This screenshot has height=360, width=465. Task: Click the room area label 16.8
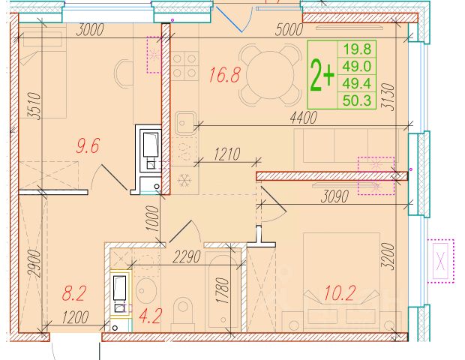[x=224, y=74]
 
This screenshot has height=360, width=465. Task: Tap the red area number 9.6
[x=88, y=145]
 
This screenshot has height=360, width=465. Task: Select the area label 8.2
[x=73, y=293]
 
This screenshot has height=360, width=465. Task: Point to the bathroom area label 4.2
[x=151, y=316]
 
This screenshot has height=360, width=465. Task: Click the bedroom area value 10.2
[x=340, y=293]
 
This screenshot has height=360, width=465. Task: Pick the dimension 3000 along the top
[x=90, y=30]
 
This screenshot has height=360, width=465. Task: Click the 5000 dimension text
[x=289, y=30]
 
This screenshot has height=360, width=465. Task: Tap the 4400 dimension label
[x=304, y=118]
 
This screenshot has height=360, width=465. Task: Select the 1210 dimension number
[x=226, y=154]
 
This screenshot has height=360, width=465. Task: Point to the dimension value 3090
[x=334, y=196]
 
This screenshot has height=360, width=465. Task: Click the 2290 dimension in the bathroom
[x=187, y=256]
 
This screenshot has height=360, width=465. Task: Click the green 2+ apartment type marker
[x=322, y=75]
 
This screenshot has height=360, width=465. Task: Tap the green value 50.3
[x=357, y=100]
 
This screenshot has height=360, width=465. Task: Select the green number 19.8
[x=357, y=49]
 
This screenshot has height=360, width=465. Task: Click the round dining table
[x=269, y=74]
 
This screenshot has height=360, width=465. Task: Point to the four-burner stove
[x=184, y=66]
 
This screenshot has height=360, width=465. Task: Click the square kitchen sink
[x=186, y=122]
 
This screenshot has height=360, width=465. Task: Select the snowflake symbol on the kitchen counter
[x=184, y=180]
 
